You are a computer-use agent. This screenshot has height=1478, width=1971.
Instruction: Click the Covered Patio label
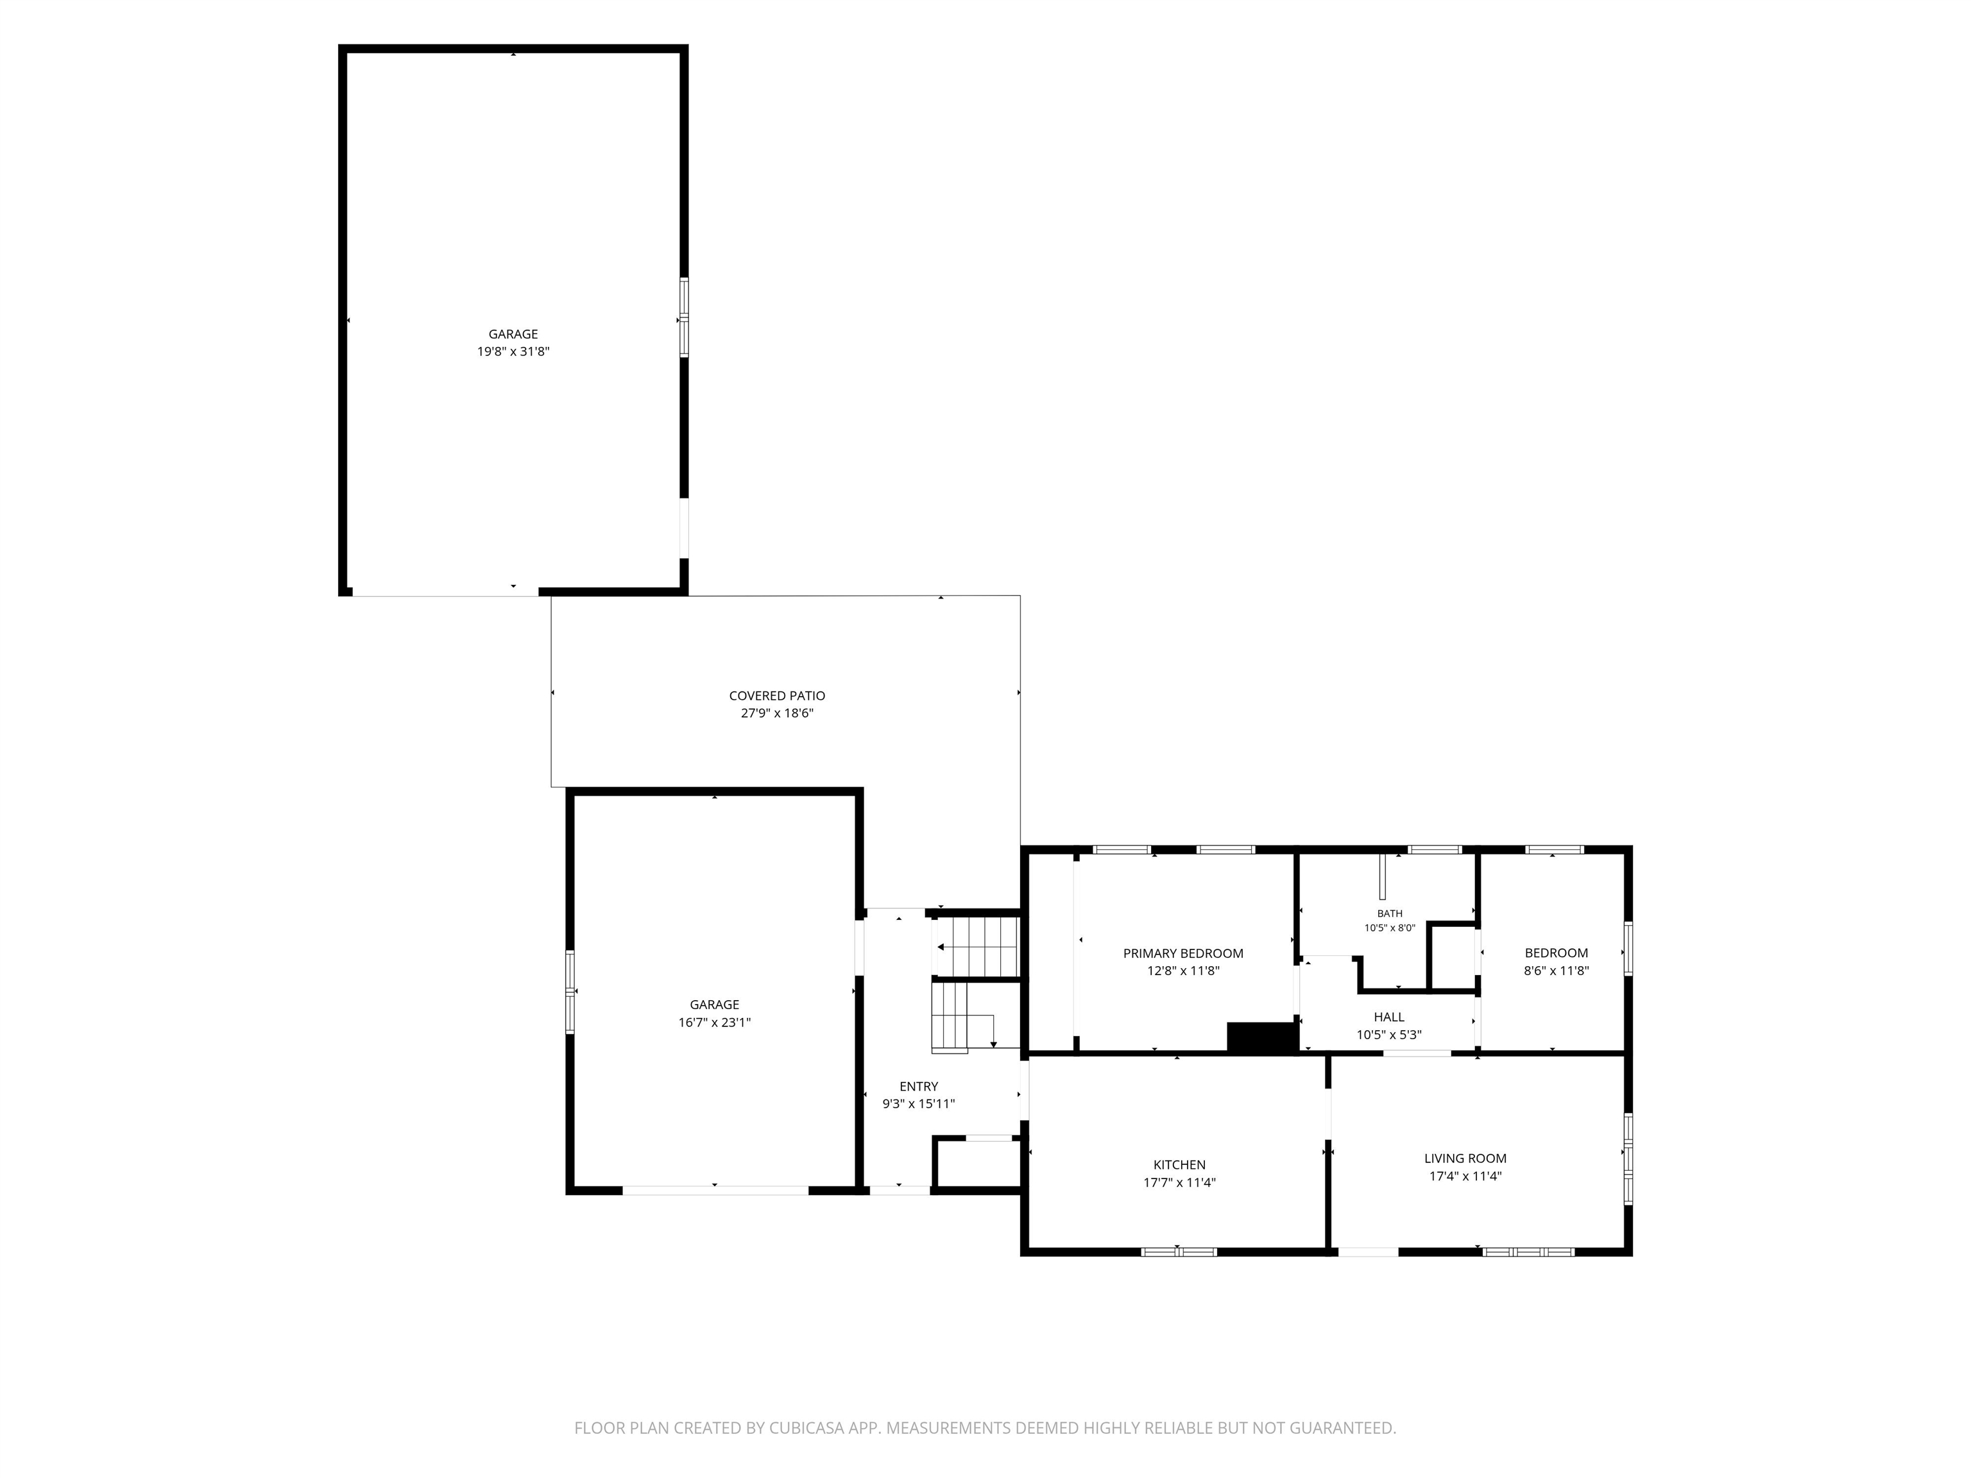coord(777,696)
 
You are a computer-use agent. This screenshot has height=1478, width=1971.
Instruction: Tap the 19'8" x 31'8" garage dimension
coord(513,352)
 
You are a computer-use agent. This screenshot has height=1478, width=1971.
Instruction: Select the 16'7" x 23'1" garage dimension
coord(715,1023)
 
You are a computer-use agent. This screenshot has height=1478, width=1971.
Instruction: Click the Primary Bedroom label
coord(1183,953)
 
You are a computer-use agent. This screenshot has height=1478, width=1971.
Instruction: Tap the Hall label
coord(1389,1017)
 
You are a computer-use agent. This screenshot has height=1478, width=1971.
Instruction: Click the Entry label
coord(919,1086)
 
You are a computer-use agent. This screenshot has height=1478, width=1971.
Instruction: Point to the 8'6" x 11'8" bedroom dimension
coord(1557,971)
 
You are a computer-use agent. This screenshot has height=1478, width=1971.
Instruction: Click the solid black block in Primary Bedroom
coord(1262,1037)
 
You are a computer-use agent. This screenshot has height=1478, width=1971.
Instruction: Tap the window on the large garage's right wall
coord(685,318)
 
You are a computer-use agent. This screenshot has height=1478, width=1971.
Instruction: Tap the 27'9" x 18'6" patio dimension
coord(777,713)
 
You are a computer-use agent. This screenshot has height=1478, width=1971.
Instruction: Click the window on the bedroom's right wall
coord(1628,949)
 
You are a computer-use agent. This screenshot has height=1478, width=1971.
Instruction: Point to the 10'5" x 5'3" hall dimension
coord(1389,1035)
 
